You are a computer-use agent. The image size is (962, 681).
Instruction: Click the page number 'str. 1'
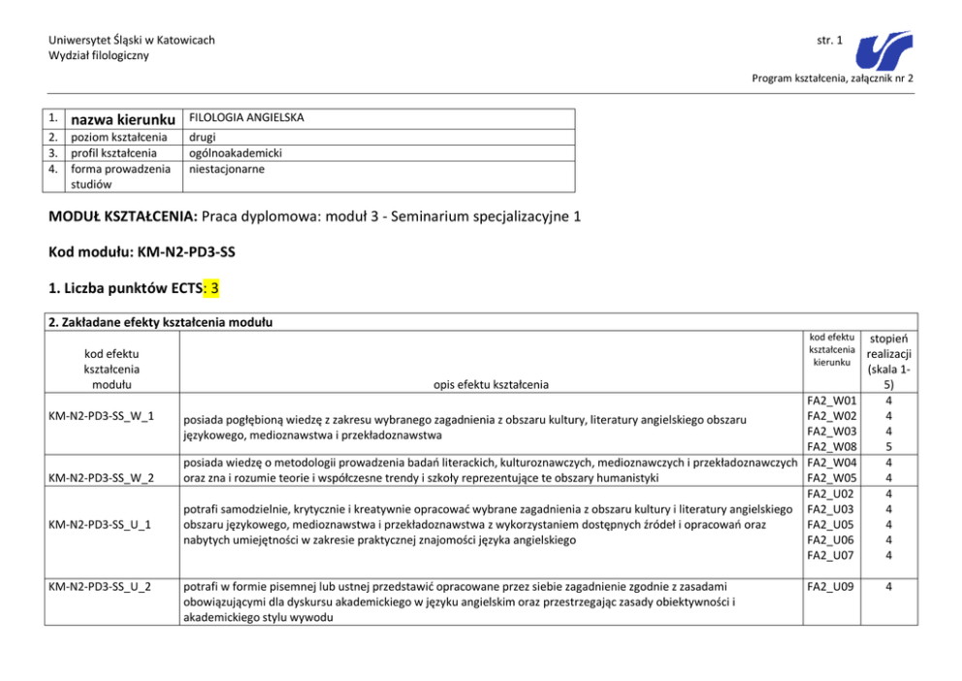(829, 40)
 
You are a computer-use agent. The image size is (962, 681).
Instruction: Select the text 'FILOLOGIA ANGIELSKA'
(246, 117)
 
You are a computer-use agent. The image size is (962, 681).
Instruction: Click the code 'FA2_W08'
(830, 446)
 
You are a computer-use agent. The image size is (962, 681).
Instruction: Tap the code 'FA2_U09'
(830, 587)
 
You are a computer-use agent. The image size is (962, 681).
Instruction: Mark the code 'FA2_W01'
(830, 400)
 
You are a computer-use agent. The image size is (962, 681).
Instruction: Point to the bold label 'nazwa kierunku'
(124, 119)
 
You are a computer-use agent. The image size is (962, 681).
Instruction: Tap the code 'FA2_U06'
(830, 539)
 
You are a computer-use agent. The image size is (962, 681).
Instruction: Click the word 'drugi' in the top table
(203, 138)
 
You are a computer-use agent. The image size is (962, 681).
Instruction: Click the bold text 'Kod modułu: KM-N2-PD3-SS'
(142, 252)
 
